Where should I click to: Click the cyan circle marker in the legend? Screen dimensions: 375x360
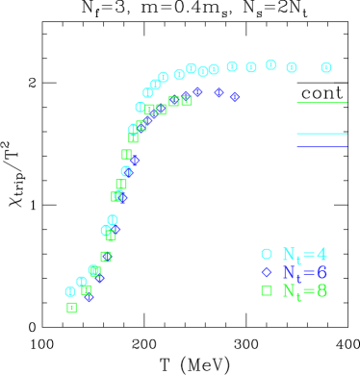[x=267, y=254]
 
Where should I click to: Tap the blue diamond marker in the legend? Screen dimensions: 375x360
[x=267, y=272]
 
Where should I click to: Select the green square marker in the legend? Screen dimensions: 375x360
[x=267, y=290]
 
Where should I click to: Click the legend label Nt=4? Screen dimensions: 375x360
[x=304, y=255]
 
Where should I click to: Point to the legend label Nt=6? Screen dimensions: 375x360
[x=304, y=273]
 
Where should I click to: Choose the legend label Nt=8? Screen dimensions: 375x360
[x=304, y=291]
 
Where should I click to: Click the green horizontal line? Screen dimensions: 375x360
[x=321, y=102]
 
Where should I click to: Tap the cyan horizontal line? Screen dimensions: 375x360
[x=321, y=134]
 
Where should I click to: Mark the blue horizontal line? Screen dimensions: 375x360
[x=321, y=146]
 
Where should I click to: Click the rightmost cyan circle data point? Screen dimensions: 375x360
[x=325, y=67]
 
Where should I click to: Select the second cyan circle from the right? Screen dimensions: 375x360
[x=291, y=67]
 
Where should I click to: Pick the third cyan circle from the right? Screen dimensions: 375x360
[x=270, y=65]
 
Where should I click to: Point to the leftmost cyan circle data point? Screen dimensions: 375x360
[x=70, y=291]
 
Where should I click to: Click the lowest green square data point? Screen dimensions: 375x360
[x=71, y=308]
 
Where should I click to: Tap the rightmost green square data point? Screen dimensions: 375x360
[x=187, y=100]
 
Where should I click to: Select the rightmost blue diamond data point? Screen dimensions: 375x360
[x=235, y=97]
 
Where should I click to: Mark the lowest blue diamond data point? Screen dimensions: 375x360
[x=90, y=297]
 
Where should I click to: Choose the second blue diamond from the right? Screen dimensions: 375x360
[x=219, y=93]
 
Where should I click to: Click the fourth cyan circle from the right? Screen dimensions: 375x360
[x=251, y=67]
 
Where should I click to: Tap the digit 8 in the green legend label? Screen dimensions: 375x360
[x=321, y=291]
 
